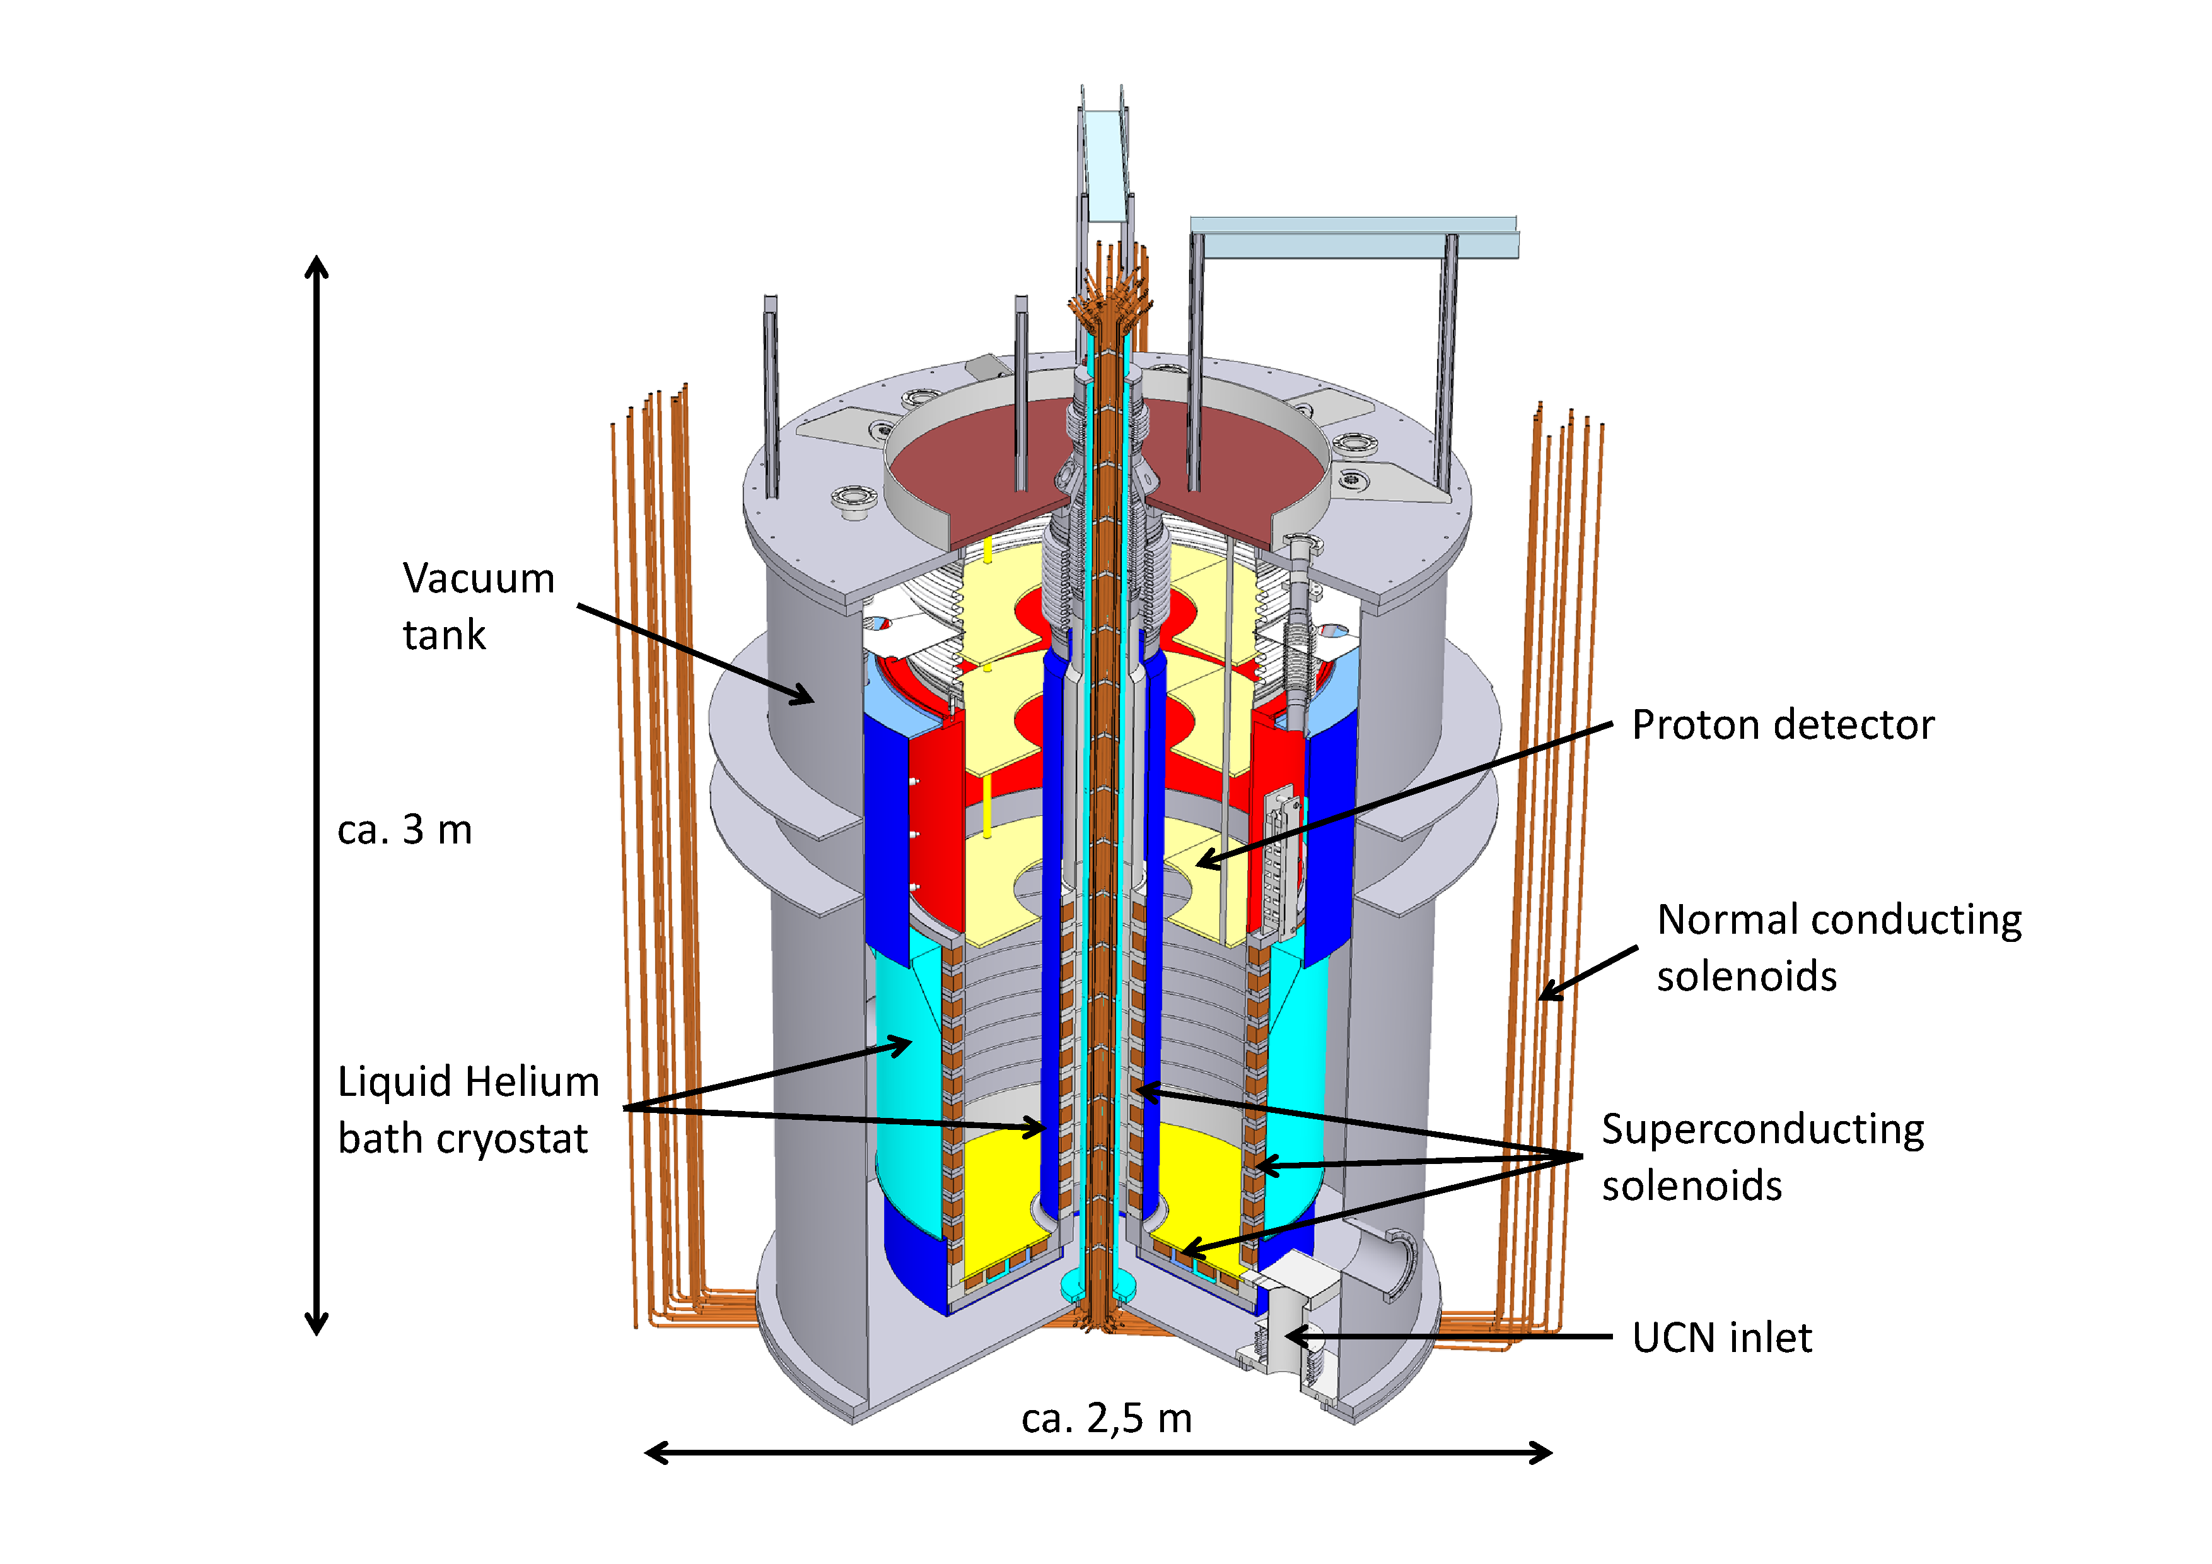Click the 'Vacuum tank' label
pos(478,606)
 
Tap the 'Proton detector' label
pos(1783,725)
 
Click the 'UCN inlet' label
pos(1721,1338)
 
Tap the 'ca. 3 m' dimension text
pos(405,830)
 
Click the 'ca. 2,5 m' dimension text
pos(1106,1418)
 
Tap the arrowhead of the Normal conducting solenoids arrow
pos(1544,994)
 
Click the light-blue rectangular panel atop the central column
pos(1104,164)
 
